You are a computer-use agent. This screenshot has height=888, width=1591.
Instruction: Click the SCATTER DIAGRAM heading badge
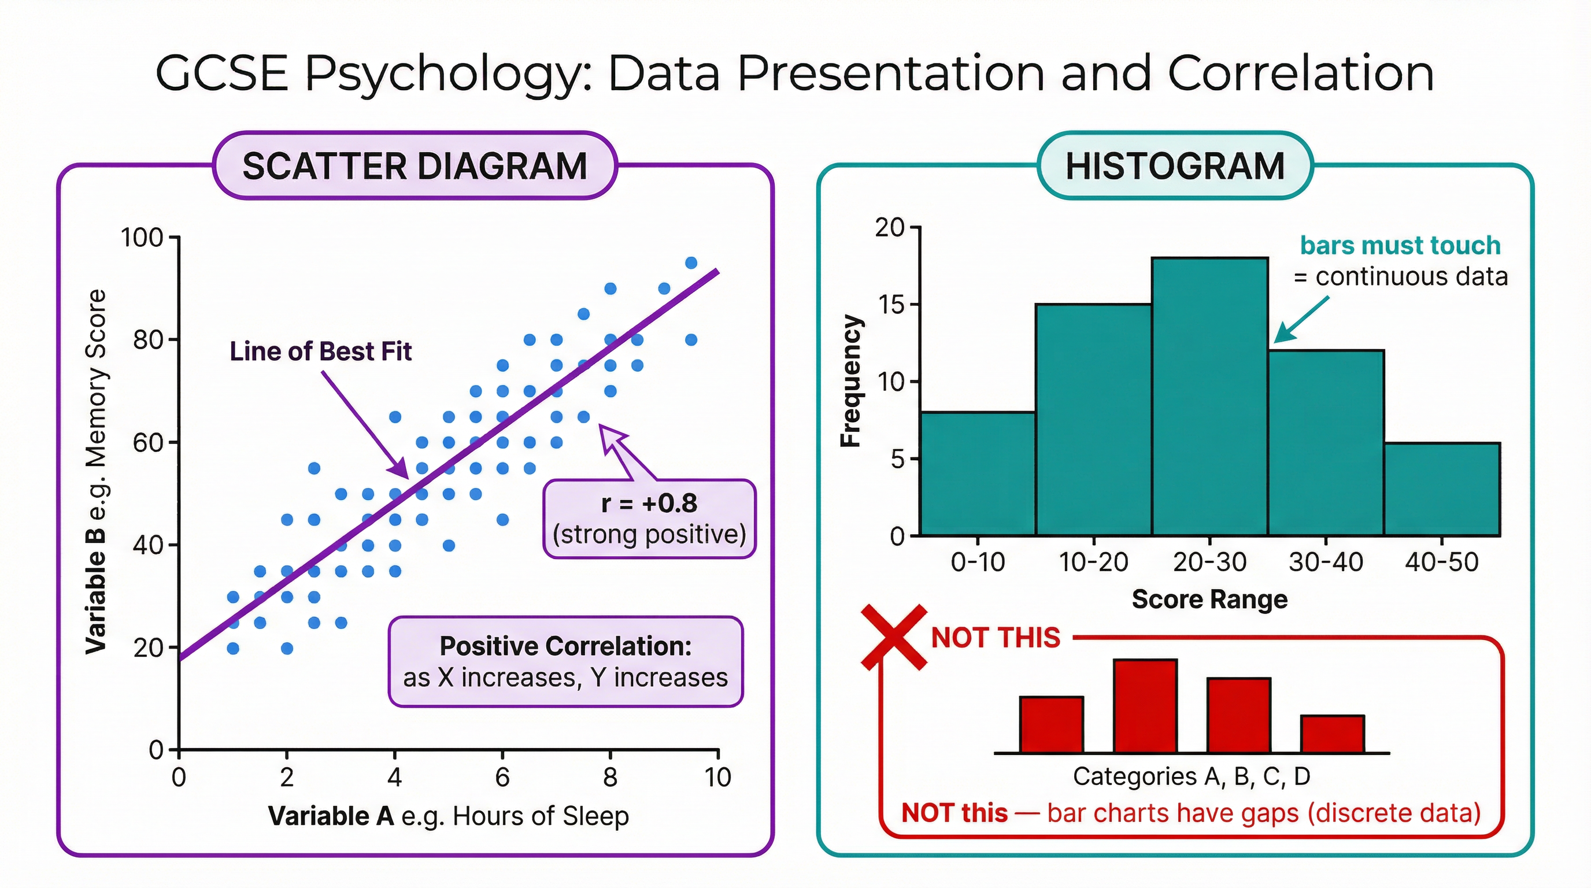click(x=415, y=165)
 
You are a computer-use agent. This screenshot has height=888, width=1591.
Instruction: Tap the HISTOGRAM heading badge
click(x=1175, y=165)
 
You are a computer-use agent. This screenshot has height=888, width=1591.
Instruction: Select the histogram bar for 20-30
click(x=1209, y=395)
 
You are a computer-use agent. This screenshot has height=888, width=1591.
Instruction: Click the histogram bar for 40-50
click(x=1441, y=488)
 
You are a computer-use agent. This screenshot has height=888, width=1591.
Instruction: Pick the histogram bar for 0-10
click(x=977, y=473)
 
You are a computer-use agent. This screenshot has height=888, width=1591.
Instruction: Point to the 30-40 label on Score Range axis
click(x=1326, y=562)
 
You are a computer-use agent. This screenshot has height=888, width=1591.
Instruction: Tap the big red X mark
click(x=894, y=637)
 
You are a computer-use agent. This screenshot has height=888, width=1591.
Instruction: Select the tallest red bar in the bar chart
click(x=1145, y=706)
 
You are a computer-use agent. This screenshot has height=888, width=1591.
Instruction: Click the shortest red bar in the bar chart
click(x=1332, y=734)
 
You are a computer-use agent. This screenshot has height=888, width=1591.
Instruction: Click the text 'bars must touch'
click(x=1400, y=245)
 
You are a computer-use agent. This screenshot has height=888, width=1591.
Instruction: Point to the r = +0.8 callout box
click(x=649, y=519)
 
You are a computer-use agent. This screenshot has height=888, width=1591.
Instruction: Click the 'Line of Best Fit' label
click(x=320, y=351)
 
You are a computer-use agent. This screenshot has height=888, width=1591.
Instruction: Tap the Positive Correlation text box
click(x=565, y=661)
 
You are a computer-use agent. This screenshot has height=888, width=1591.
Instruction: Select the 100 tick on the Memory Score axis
click(x=142, y=238)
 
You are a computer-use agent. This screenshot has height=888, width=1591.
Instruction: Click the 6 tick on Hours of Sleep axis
click(x=502, y=776)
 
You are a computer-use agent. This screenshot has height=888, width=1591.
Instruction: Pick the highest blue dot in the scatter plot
click(x=691, y=262)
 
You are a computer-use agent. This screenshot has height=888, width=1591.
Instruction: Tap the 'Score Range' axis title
click(x=1209, y=599)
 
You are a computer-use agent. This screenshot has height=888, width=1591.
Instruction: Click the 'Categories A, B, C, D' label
click(x=1192, y=776)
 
